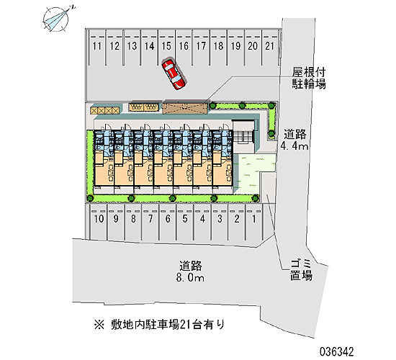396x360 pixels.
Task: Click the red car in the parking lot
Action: [x=174, y=74]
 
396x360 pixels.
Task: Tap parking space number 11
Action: [x=97, y=46]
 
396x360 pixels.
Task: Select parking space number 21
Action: [x=270, y=46]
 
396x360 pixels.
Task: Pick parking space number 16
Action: [x=184, y=46]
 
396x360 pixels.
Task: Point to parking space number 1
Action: [x=254, y=219]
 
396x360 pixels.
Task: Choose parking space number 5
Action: [x=185, y=219]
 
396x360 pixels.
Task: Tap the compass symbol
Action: [x=57, y=19]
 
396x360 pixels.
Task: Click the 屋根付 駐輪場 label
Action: [x=309, y=78]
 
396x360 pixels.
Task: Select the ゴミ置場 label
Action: [x=301, y=270]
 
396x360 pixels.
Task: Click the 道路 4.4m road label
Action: [x=294, y=140]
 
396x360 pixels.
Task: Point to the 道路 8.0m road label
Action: [x=190, y=271]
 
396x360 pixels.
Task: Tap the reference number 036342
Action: [x=337, y=351]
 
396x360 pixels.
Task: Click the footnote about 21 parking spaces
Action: [x=159, y=325]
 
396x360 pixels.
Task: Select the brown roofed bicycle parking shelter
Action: [x=184, y=108]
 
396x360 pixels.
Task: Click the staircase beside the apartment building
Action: [x=243, y=138]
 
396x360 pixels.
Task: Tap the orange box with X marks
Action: [x=105, y=111]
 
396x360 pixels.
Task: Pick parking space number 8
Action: [x=133, y=219]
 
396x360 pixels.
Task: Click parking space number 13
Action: [x=132, y=46]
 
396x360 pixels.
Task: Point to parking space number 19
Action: [x=235, y=46]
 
